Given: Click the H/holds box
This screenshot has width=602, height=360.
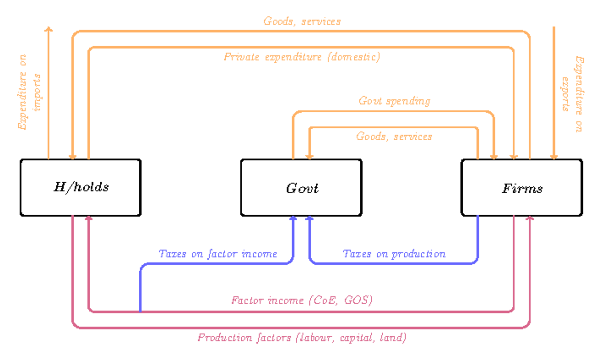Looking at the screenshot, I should pos(80,188).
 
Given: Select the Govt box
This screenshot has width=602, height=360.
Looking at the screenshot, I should pos(301,188).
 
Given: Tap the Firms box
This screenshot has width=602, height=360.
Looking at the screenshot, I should pos(522,188).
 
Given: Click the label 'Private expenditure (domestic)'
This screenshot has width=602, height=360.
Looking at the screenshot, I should pos(302,57).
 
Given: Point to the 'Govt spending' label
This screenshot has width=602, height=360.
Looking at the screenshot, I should pos(394,101).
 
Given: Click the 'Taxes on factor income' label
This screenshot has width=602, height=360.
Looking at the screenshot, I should pos(218,254).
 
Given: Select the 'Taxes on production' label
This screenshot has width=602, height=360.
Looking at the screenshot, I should pos(394,254).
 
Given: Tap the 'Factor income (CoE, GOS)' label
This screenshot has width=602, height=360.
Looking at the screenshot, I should pos(302,301).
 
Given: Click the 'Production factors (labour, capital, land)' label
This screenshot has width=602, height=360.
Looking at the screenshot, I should pos(302,338).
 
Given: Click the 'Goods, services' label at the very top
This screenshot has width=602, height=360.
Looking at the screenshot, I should pos(302,21).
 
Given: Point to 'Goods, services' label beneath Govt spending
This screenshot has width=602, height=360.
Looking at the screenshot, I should pos(394,136).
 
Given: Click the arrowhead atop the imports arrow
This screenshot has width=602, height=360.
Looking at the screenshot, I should pos(49,30).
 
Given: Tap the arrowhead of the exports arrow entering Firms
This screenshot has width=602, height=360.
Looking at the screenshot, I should pos(554,156).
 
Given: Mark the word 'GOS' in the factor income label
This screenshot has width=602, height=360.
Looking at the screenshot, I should pos(359,301).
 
